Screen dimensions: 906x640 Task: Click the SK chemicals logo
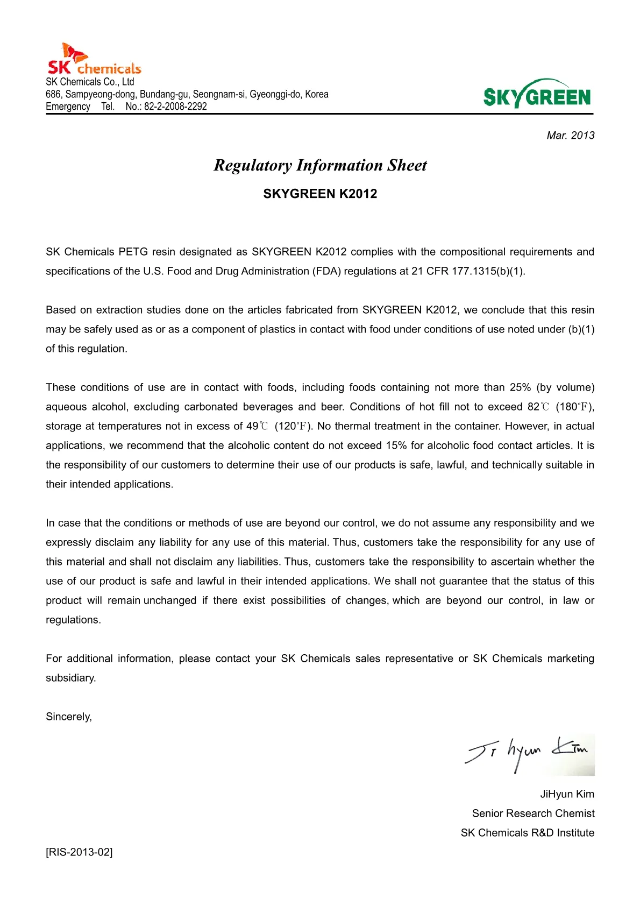(94, 60)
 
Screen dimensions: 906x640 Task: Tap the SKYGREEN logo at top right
(537, 95)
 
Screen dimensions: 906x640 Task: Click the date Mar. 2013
(570, 136)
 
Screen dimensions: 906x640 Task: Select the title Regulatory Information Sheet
(320, 165)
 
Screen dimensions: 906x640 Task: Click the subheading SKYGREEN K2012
(320, 194)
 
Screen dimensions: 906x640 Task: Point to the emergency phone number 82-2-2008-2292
(175, 107)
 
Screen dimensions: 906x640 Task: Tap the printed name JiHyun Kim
(567, 794)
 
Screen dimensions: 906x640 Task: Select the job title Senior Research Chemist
(533, 813)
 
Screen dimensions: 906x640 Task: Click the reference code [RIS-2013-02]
(79, 852)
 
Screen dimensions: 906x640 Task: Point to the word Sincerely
(68, 717)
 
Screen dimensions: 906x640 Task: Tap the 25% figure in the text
(520, 387)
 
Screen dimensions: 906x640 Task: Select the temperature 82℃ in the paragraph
(538, 407)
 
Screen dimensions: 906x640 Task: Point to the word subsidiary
(70, 678)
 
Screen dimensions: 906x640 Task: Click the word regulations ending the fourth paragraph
(73, 620)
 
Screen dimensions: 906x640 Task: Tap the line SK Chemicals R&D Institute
(527, 833)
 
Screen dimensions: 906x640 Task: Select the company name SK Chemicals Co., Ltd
(90, 82)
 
